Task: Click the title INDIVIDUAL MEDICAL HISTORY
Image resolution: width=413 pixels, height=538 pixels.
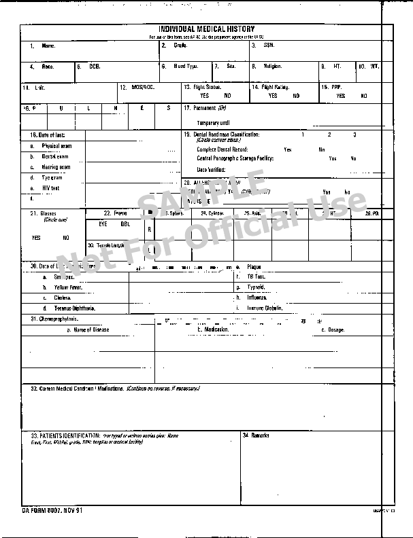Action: (206, 29)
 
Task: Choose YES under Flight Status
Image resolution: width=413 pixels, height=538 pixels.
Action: (204, 96)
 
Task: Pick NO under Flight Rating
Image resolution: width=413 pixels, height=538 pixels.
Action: (296, 96)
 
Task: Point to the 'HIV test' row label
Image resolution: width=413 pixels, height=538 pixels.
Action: (50, 188)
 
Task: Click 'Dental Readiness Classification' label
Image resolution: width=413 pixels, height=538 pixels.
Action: (231, 134)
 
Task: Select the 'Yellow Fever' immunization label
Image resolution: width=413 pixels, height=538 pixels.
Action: (67, 287)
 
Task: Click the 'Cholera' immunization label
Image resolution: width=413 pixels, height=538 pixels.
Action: (63, 298)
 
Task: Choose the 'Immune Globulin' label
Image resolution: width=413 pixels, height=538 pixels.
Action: (265, 308)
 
